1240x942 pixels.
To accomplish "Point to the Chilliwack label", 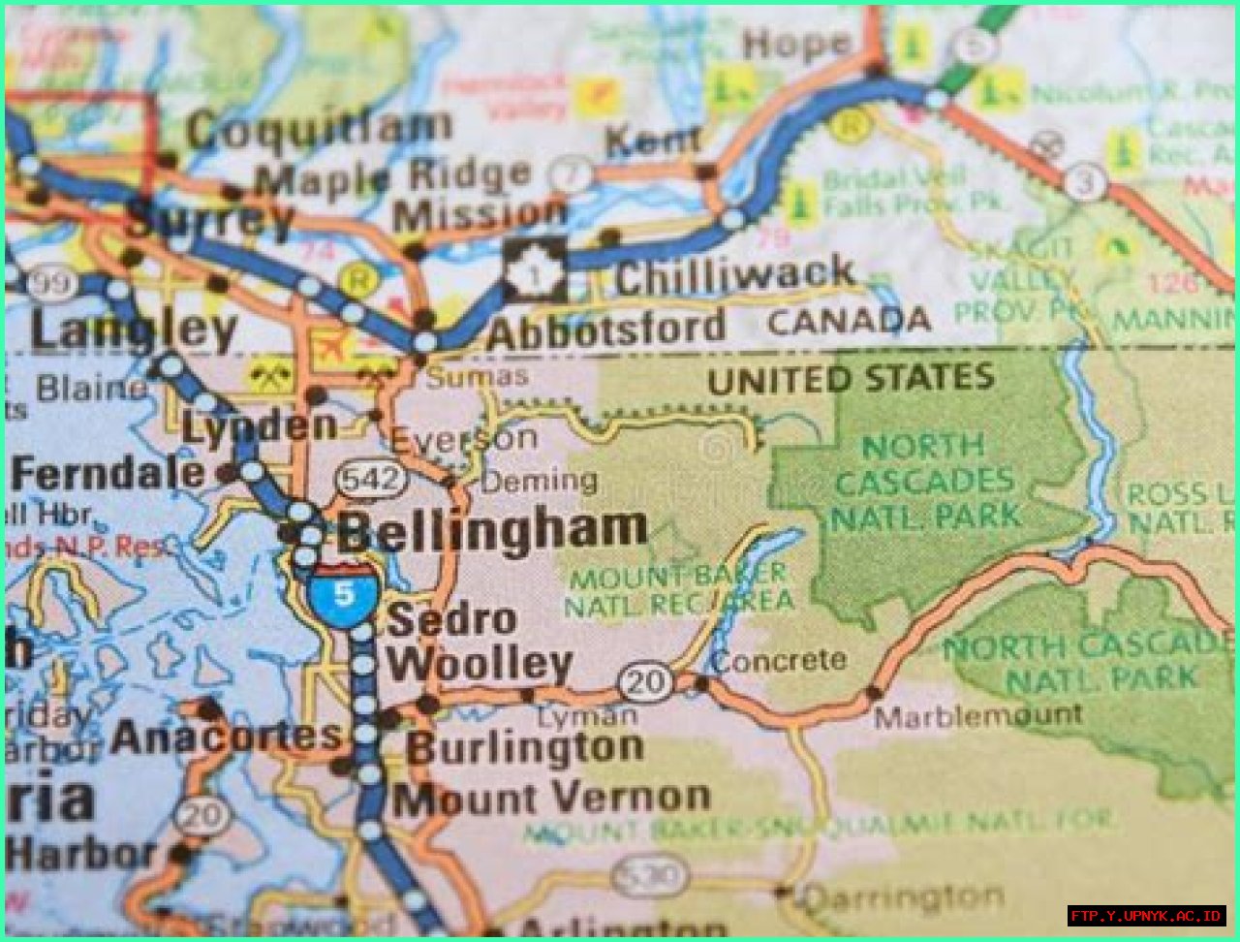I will click(x=735, y=276).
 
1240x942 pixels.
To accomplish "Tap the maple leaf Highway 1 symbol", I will click(x=535, y=268).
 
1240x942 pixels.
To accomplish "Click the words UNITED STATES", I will click(x=851, y=379).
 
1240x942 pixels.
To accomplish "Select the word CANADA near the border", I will click(x=849, y=321).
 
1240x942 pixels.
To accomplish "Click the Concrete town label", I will click(x=780, y=661).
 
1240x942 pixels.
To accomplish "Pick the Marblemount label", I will click(x=977, y=716).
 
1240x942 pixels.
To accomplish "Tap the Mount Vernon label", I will click(x=551, y=800).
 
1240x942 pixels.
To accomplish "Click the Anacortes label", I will click(x=227, y=738).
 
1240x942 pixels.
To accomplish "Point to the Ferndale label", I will click(x=108, y=474).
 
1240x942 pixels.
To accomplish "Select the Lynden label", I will click(x=260, y=425).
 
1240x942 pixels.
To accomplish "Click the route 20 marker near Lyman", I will click(x=646, y=682).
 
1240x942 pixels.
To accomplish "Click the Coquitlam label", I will click(x=319, y=129).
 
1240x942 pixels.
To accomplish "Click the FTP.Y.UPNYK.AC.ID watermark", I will click(x=1147, y=915).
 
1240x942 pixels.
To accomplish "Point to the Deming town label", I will click(x=540, y=480).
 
